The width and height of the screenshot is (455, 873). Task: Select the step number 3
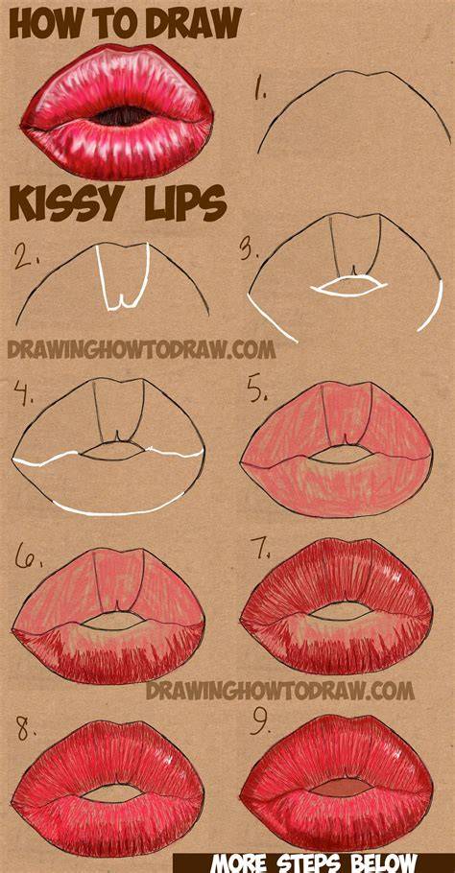pos(250,249)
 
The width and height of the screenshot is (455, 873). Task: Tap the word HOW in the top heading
pos(43,25)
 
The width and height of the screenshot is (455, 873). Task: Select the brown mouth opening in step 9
pos(340,788)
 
